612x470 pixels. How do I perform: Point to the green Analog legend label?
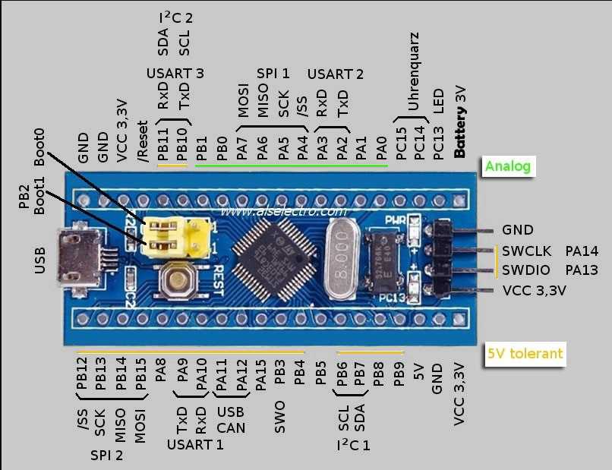coord(509,166)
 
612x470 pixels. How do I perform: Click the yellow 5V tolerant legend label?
coord(525,353)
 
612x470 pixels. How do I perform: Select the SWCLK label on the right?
coord(523,251)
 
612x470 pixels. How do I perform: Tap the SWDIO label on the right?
coord(523,270)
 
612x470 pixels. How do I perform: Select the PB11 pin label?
coord(162,144)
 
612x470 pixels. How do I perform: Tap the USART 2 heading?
coord(335,74)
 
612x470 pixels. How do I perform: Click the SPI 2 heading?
coord(106,456)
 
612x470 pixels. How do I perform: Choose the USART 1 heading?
coord(195,443)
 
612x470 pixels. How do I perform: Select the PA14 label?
coord(582,251)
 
